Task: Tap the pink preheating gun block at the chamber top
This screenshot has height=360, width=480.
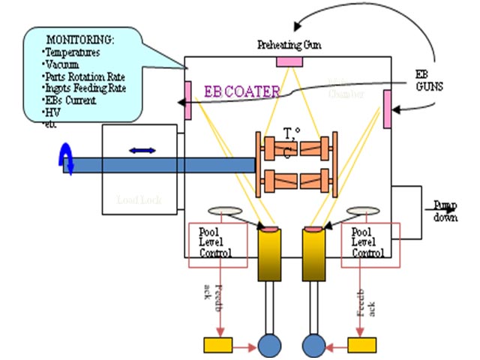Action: [289, 61]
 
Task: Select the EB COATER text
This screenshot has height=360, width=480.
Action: [242, 91]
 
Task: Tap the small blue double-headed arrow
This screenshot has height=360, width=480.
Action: [142, 151]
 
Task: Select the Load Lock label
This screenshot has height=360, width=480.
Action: [139, 200]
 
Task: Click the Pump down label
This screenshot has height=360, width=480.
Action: [444, 211]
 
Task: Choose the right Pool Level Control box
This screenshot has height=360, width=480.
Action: [371, 244]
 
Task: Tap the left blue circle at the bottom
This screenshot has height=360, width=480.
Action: [268, 344]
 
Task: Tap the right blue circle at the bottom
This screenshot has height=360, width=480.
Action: [314, 344]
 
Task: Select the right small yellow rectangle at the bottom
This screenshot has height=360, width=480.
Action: [363, 345]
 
